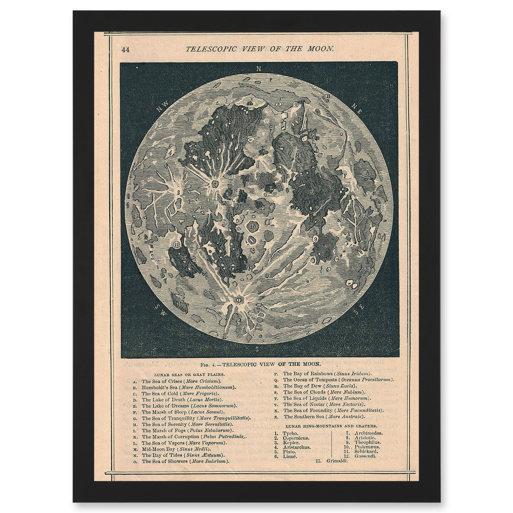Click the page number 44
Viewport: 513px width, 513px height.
point(125,50)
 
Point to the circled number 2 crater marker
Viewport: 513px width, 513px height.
point(215,184)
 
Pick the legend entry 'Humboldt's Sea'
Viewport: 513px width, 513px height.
point(159,387)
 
